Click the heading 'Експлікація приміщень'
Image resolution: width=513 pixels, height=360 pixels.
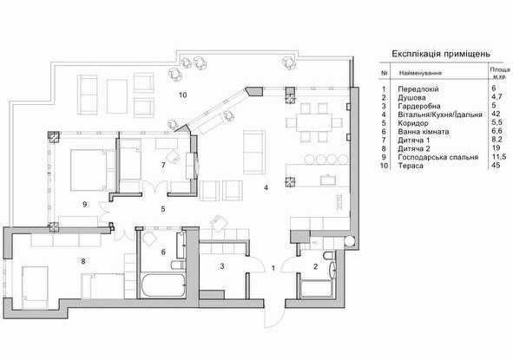click(441, 54)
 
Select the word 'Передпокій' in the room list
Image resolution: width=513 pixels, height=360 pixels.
click(418, 89)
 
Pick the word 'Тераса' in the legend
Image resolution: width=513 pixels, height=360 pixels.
click(411, 166)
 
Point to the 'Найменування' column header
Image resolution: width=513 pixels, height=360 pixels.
click(420, 73)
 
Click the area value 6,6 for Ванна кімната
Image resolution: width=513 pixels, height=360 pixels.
click(497, 132)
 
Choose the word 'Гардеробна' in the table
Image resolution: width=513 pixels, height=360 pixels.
click(419, 106)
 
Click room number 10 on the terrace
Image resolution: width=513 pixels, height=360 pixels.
click(182, 95)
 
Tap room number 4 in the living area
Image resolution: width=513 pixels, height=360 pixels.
click(266, 187)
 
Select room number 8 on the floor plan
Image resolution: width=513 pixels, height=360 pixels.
click(83, 261)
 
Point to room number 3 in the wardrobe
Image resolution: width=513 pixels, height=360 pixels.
click(222, 266)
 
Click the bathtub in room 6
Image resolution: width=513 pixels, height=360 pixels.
click(162, 285)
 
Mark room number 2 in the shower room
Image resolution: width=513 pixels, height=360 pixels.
click(315, 267)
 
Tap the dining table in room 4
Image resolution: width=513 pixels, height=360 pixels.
click(309, 122)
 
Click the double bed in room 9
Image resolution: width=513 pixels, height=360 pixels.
click(89, 170)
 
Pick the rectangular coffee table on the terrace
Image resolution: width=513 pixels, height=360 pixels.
click(117, 96)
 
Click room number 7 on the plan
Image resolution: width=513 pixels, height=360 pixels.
click(163, 166)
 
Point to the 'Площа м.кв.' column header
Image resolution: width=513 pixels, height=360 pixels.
click(500, 73)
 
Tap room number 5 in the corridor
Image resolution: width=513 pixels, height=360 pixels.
click(163, 209)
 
